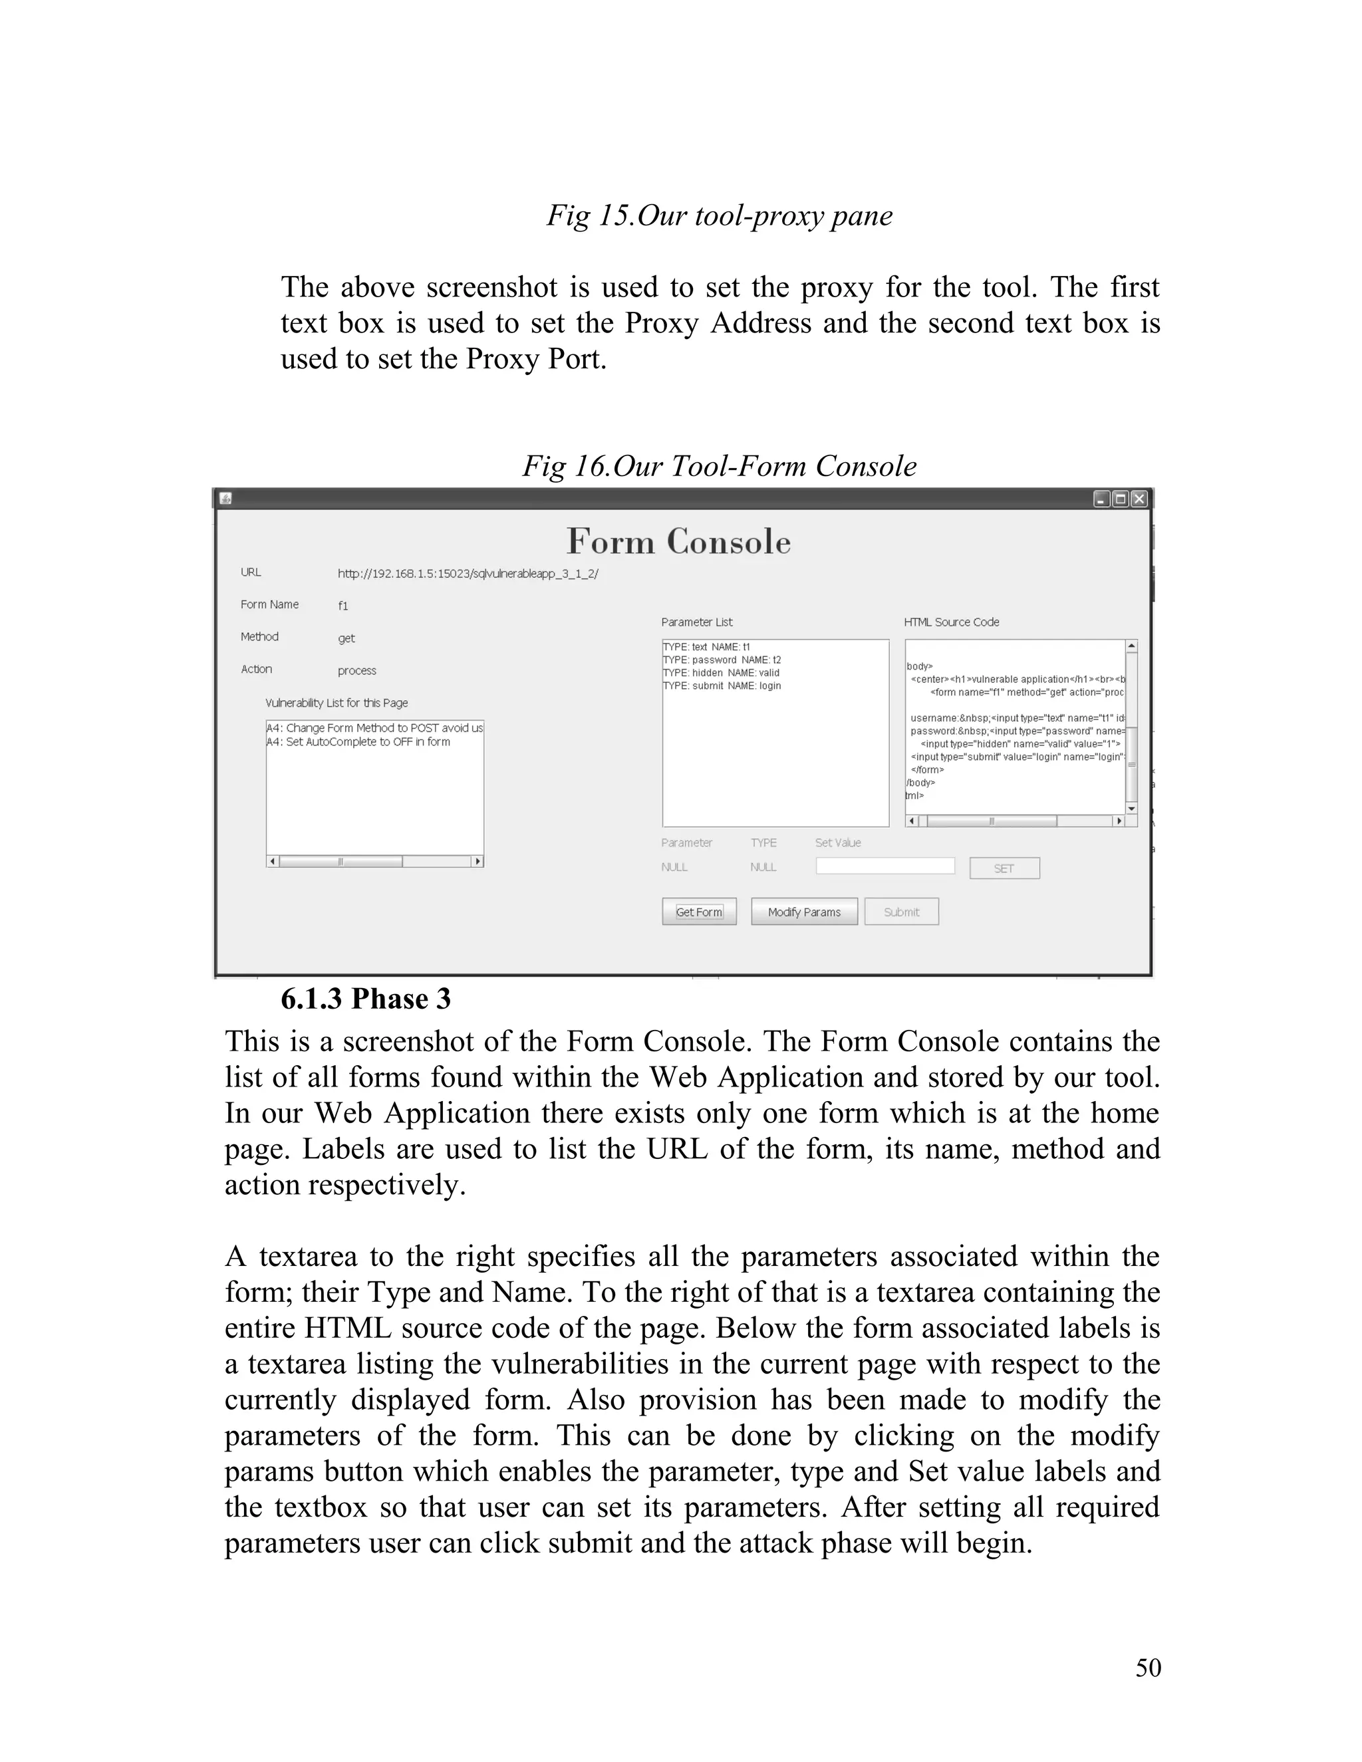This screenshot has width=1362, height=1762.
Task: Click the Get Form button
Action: click(x=699, y=912)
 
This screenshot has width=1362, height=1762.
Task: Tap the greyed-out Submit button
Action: click(x=901, y=912)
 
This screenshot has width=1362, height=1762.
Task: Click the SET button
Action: click(x=1004, y=868)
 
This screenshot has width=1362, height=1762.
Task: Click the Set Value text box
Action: click(x=885, y=866)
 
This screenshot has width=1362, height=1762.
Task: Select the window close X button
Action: click(x=1139, y=499)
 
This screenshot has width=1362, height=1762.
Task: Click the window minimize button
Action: click(x=1101, y=499)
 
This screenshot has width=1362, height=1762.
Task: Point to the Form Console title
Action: click(x=678, y=541)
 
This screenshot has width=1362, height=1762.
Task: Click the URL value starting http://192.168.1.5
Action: click(x=468, y=574)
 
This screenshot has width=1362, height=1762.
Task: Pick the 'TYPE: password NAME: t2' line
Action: click(x=722, y=660)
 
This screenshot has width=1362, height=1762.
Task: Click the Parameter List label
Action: click(x=696, y=622)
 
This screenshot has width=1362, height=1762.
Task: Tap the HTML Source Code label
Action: click(x=951, y=622)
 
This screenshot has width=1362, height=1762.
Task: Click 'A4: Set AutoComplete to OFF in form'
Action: click(x=359, y=741)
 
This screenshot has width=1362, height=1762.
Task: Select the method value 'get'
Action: click(x=346, y=638)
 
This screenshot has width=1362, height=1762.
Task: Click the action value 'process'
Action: click(x=356, y=670)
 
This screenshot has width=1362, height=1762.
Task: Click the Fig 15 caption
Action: click(x=720, y=215)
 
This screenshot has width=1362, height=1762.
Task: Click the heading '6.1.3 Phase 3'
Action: click(x=366, y=999)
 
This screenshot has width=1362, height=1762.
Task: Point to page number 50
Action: click(x=1148, y=1668)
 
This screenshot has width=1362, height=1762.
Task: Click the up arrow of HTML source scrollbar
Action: click(x=1131, y=646)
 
